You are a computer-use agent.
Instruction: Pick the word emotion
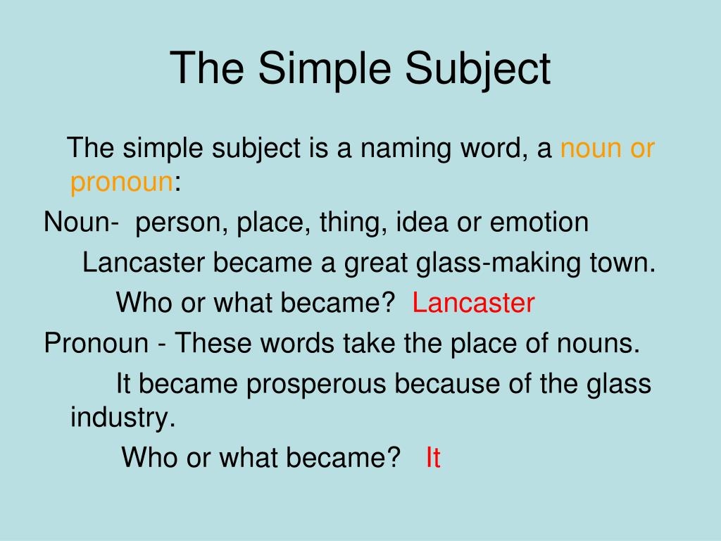click(539, 223)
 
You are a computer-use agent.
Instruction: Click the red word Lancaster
click(473, 304)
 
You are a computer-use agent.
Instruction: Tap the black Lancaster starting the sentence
click(144, 263)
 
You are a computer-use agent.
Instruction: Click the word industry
click(122, 418)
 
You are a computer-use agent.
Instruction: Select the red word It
click(433, 459)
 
